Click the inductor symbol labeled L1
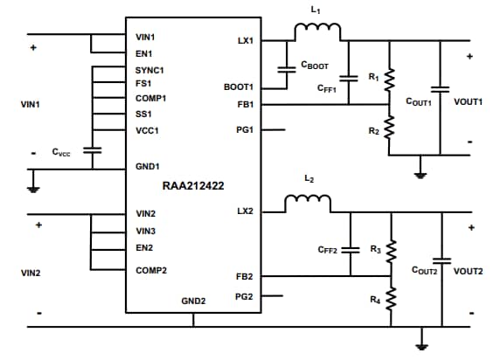pyautogui.click(x=317, y=31)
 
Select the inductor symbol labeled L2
pyautogui.click(x=307, y=204)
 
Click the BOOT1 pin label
pyautogui.click(x=239, y=87)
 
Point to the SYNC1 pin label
pyautogui.click(x=150, y=69)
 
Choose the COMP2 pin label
pyautogui.click(x=151, y=270)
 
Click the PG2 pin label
pyautogui.click(x=244, y=296)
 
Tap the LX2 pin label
pyautogui.click(x=245, y=212)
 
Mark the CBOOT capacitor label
pyautogui.click(x=314, y=66)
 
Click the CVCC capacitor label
pyautogui.click(x=61, y=152)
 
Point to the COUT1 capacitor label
pyautogui.click(x=419, y=103)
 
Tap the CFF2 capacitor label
pyautogui.click(x=328, y=250)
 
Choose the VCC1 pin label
pyautogui.click(x=148, y=131)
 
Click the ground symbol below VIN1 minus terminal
pyautogui.click(x=31, y=186)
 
